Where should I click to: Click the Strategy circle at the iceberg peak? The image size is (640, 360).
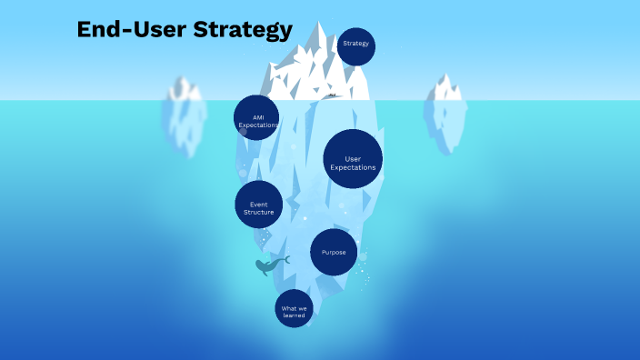coord(355,46)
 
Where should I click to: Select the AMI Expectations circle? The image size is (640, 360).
coord(256,117)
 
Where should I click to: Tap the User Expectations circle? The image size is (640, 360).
coord(353,159)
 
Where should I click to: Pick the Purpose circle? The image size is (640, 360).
coord(334,252)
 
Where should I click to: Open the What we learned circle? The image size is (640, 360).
coord(294,309)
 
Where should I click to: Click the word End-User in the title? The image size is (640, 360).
coord(131,30)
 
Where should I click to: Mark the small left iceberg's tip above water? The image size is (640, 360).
coord(185,88)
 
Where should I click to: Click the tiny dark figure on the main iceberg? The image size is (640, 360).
coord(333,95)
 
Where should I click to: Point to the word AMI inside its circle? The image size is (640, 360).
coord(256,117)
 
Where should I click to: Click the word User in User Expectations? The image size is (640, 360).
coord(353,159)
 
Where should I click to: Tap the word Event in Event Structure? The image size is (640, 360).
coord(258,204)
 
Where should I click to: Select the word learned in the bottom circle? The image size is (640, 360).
coord(294,315)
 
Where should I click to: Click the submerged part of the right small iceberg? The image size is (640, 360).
coord(445,123)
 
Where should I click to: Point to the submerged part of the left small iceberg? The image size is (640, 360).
coord(185,127)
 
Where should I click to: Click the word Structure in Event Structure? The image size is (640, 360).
coord(258,212)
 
